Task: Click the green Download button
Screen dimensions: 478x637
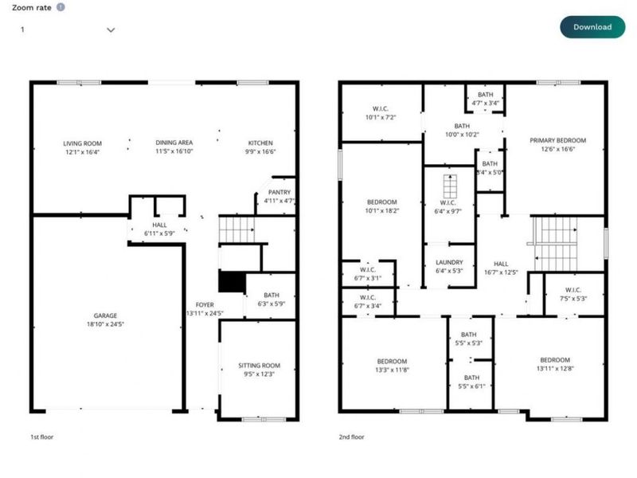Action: [592, 26]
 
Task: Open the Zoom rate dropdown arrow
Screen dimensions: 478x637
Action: [111, 29]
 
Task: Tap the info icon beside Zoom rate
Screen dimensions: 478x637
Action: [61, 6]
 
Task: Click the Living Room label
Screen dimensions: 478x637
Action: [81, 144]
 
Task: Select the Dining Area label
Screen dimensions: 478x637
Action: [174, 143]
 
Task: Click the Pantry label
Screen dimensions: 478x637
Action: [279, 192]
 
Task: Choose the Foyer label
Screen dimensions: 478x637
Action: [205, 305]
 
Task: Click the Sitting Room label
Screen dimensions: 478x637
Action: [260, 366]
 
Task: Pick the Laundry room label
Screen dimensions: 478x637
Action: [448, 264]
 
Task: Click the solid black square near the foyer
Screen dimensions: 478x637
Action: [231, 283]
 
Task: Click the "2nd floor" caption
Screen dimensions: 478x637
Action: [353, 437]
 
